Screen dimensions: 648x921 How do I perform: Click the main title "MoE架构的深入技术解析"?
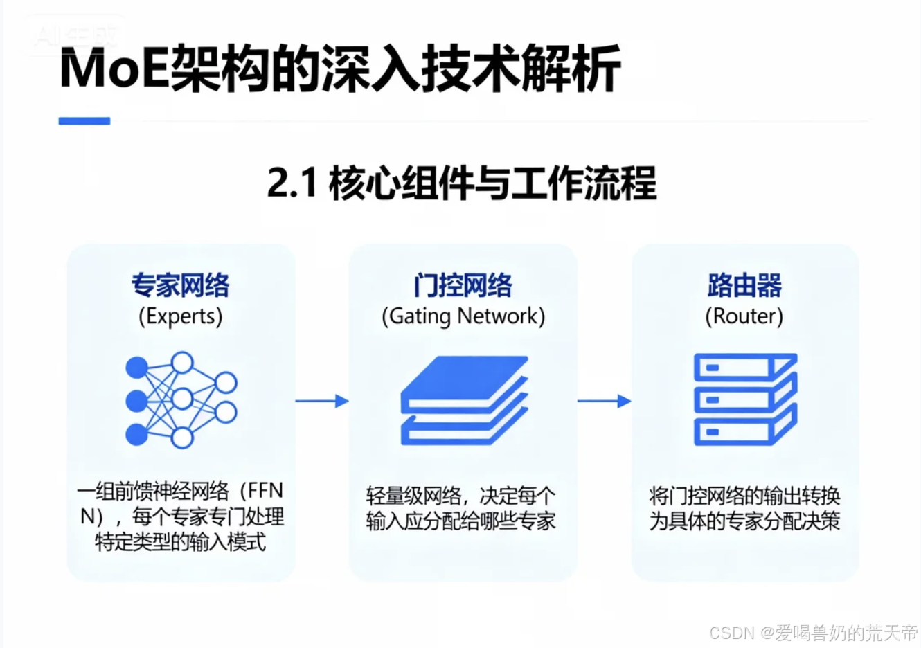pyautogui.click(x=339, y=69)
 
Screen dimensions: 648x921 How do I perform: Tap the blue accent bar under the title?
pyautogui.click(x=84, y=121)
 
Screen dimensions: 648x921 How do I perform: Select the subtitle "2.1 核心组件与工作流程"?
pyautogui.click(x=461, y=183)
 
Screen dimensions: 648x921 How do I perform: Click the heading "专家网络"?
pyautogui.click(x=181, y=285)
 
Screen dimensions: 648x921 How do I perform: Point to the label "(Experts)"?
pyautogui.click(x=181, y=316)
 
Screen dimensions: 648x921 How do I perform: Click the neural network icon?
pyautogui.click(x=181, y=400)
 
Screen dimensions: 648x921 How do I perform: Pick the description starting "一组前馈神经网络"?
pyautogui.click(x=181, y=516)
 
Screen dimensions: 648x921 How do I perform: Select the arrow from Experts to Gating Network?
pyautogui.click(x=321, y=401)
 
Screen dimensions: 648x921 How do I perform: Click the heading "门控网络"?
pyautogui.click(x=463, y=285)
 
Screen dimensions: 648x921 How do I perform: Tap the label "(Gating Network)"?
pyautogui.click(x=463, y=316)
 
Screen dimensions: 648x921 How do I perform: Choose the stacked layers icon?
pyautogui.click(x=464, y=400)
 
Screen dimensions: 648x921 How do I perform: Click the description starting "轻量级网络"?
pyautogui.click(x=461, y=508)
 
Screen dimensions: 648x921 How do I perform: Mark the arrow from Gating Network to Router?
pyautogui.click(x=604, y=401)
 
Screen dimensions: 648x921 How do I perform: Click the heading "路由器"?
pyautogui.click(x=744, y=285)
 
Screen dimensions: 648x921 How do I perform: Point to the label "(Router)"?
pyautogui.click(x=744, y=316)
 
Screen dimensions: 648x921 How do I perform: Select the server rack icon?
pyautogui.click(x=745, y=399)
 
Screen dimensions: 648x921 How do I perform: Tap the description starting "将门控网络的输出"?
pyautogui.click(x=744, y=508)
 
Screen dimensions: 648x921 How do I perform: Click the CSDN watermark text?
pyautogui.click(x=814, y=633)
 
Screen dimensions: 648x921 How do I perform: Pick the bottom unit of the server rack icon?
pyautogui.click(x=741, y=433)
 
